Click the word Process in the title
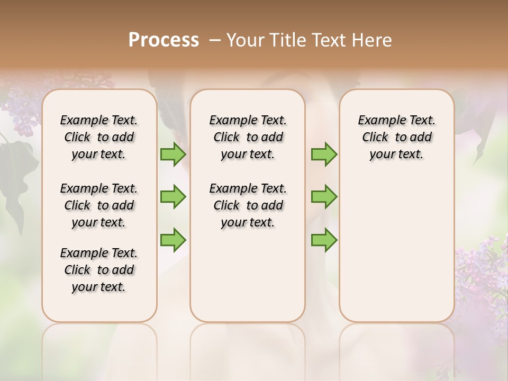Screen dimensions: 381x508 coord(164,40)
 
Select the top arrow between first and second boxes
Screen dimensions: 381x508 coord(173,155)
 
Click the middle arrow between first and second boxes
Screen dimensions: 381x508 coord(173,197)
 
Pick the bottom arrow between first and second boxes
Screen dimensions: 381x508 coord(173,240)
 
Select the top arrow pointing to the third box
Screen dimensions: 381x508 coord(324,155)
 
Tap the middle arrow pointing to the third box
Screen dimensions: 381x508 coord(324,197)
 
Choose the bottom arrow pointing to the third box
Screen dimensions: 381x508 coord(324,240)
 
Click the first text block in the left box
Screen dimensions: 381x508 coord(99,137)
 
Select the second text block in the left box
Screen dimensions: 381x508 coord(99,205)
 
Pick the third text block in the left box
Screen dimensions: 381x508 coord(99,270)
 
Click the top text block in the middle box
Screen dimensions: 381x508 coord(248,137)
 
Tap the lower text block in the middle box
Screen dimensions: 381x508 coord(248,205)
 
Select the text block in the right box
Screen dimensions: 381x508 coord(397,137)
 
